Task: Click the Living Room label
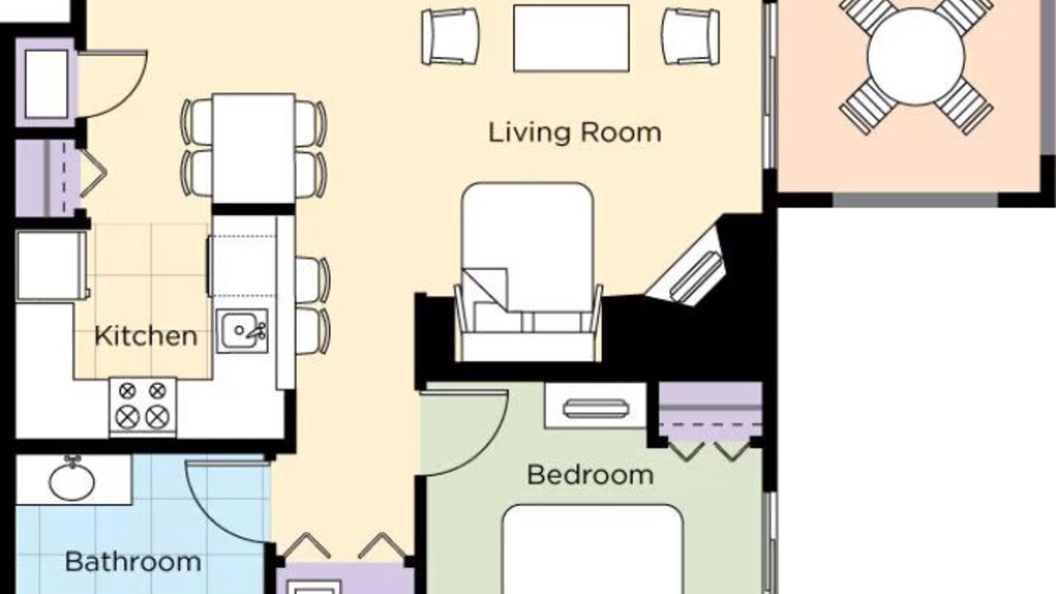[x=574, y=133]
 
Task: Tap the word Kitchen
[x=146, y=336]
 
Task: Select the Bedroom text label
[x=590, y=474]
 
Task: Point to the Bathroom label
[x=133, y=562]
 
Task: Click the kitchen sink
[x=243, y=331]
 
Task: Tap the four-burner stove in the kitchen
[x=143, y=408]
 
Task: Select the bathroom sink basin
[x=72, y=481]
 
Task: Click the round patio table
[x=916, y=57]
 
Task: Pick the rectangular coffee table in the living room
[x=572, y=38]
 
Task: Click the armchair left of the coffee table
[x=450, y=36]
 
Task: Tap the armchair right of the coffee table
[x=691, y=36]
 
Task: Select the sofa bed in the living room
[x=528, y=272]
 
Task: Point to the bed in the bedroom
[x=592, y=549]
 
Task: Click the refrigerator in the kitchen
[x=51, y=266]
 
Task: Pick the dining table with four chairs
[x=253, y=148]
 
